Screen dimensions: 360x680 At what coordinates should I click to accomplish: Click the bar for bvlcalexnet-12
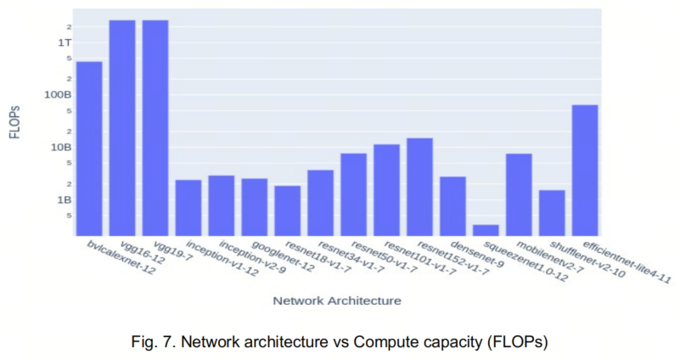(x=89, y=149)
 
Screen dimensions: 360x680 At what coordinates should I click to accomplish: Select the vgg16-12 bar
(x=122, y=127)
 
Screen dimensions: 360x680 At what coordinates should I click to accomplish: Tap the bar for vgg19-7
(x=155, y=127)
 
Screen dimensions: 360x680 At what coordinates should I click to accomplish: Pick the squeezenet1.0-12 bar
(x=486, y=230)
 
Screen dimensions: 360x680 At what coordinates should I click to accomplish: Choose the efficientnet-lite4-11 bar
(x=585, y=170)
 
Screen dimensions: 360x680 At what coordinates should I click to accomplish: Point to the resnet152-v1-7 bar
(x=419, y=187)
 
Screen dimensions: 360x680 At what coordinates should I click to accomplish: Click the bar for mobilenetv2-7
(x=519, y=194)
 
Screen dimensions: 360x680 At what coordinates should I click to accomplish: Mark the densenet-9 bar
(x=452, y=206)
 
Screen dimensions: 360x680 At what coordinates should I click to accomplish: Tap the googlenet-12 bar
(x=255, y=207)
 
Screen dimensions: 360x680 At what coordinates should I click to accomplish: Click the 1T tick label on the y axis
(x=64, y=42)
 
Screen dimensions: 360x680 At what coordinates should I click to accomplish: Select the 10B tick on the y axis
(x=62, y=147)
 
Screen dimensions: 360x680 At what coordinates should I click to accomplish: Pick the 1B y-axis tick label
(x=65, y=200)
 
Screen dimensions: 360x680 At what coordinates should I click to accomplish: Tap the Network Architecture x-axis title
(x=337, y=301)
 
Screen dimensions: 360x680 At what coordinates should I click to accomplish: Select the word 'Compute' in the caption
(x=379, y=340)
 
